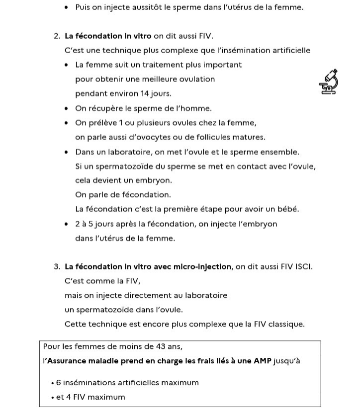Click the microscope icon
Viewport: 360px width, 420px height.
[x=329, y=82]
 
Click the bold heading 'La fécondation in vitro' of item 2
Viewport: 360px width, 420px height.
[x=108, y=36]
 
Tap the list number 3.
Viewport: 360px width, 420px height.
[x=57, y=267]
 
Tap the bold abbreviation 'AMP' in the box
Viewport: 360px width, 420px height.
[x=263, y=361]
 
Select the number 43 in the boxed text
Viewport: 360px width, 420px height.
[x=154, y=346]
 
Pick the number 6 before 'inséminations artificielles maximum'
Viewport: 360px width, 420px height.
[x=58, y=383]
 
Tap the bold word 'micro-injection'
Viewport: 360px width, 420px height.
[x=202, y=267]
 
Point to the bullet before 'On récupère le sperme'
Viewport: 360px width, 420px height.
[x=67, y=109]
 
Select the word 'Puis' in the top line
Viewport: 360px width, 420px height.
[x=83, y=7]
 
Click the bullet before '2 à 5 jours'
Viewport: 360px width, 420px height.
[x=67, y=224]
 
